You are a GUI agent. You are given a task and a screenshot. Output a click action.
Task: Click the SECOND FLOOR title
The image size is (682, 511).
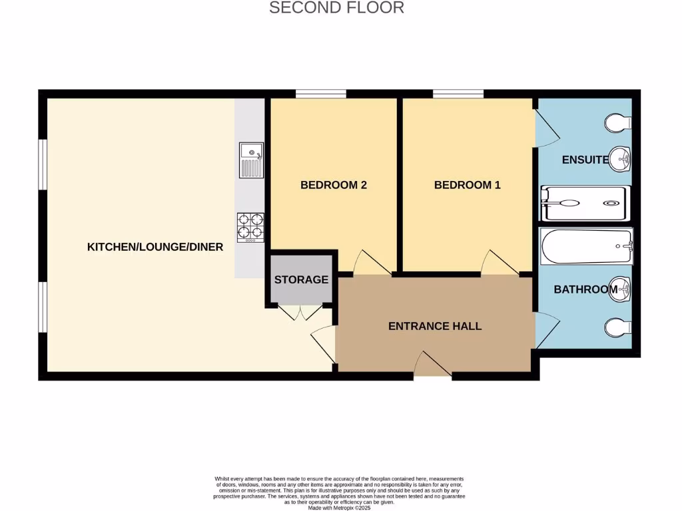pyautogui.click(x=336, y=8)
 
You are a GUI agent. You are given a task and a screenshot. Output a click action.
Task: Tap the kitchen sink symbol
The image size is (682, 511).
pyautogui.click(x=251, y=160)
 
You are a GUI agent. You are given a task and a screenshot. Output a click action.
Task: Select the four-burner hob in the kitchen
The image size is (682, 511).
pyautogui.click(x=250, y=226)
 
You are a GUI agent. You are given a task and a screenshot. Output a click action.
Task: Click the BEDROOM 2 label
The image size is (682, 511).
pyautogui.click(x=334, y=185)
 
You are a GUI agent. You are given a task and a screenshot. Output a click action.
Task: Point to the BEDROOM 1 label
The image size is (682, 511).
pyautogui.click(x=467, y=185)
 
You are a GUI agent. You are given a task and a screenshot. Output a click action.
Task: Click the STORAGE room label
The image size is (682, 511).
pyautogui.click(x=301, y=279)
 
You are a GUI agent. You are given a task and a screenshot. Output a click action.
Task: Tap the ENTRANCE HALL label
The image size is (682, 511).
pyautogui.click(x=435, y=326)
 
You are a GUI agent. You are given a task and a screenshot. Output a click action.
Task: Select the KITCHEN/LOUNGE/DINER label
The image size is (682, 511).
pyautogui.click(x=155, y=247)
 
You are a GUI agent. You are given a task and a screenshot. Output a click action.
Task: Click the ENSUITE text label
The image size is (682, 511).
pyautogui.click(x=585, y=160)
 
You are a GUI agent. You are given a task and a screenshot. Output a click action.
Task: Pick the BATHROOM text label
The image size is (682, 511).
pyautogui.click(x=585, y=289)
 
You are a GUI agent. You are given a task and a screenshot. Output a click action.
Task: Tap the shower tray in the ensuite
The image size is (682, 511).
pyautogui.click(x=584, y=203)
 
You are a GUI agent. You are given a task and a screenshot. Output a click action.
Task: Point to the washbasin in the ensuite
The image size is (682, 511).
pyautogui.click(x=621, y=158)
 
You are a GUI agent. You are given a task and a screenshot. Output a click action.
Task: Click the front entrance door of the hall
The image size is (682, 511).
pyautogui.click(x=434, y=366)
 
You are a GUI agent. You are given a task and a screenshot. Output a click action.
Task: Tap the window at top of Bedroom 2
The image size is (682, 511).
pyautogui.click(x=321, y=94)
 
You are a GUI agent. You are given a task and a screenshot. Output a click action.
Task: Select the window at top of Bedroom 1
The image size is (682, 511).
pyautogui.click(x=458, y=94)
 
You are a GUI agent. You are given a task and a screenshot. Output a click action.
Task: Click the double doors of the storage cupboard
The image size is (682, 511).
pyautogui.click(x=300, y=313)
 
